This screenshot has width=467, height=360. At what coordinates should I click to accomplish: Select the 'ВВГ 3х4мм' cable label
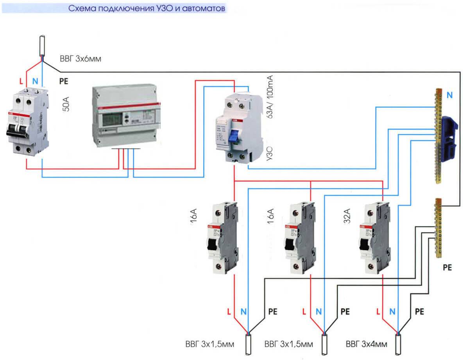coord(367,345)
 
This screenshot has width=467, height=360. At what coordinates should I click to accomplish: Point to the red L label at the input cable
coord(21,82)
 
